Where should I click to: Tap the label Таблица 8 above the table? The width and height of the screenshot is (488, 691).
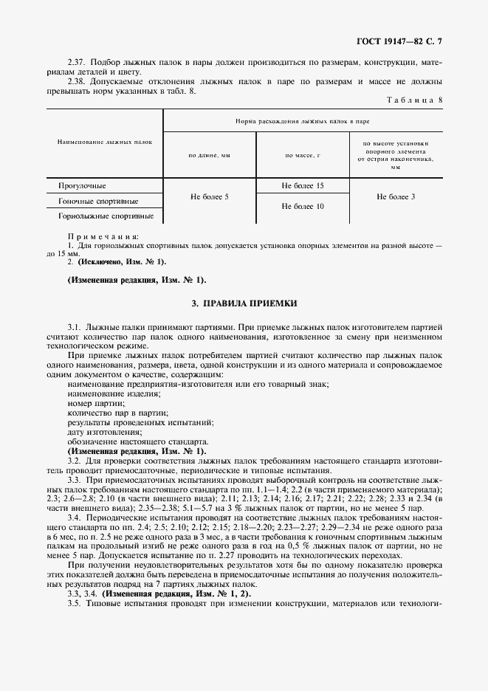pos(415,100)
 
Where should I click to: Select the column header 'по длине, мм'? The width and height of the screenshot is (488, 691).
pos(210,156)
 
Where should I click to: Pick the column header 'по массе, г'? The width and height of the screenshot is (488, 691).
pos(303,156)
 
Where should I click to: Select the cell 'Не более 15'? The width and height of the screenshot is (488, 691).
pos(303,186)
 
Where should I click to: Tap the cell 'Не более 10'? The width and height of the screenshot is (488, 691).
pos(303,207)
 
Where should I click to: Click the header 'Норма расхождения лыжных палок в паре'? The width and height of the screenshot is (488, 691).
pos(303,120)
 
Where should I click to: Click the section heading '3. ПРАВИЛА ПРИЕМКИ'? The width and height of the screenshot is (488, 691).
pos(244,303)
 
